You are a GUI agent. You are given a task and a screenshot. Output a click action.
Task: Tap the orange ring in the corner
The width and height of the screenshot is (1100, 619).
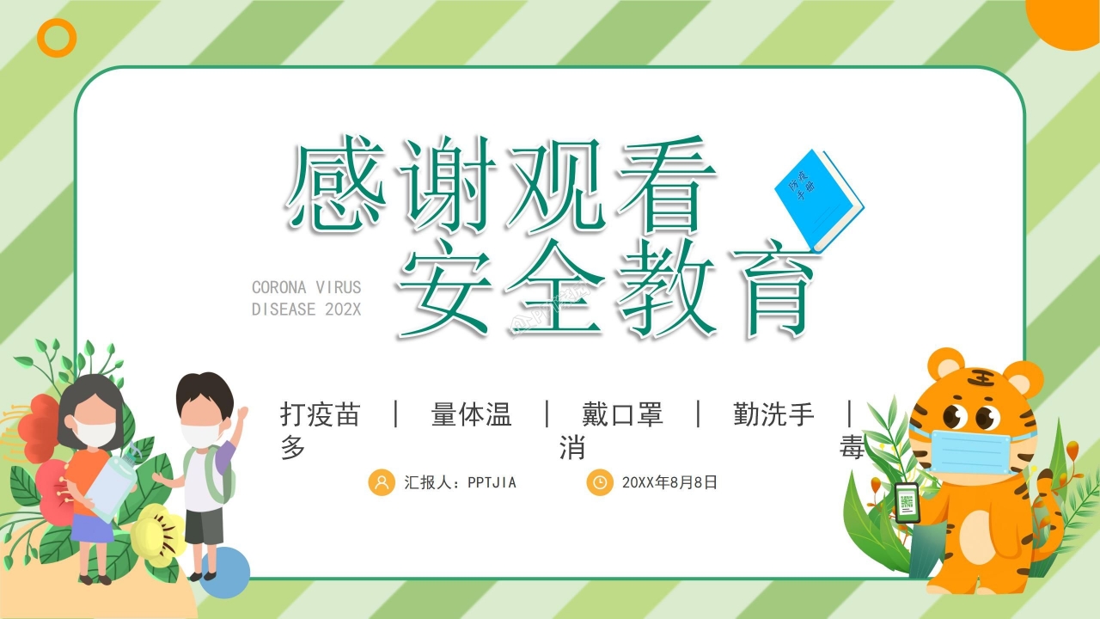[x=58, y=39]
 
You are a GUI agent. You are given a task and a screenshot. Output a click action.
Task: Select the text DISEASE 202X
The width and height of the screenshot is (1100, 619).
[x=307, y=309]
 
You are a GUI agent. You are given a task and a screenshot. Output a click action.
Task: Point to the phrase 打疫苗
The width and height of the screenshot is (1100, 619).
[x=320, y=414]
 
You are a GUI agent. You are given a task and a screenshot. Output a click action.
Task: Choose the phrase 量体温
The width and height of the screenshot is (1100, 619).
[x=471, y=414]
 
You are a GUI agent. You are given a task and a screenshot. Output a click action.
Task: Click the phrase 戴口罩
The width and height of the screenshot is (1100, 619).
[x=622, y=414]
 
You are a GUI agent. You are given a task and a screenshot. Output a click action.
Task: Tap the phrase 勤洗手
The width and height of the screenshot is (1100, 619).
[x=773, y=414]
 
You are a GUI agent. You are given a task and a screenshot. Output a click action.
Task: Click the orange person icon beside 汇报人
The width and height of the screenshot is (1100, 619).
[x=381, y=482]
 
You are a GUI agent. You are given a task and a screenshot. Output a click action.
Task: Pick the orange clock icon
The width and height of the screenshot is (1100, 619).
[x=600, y=482]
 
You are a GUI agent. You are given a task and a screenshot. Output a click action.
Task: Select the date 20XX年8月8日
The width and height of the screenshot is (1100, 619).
[x=669, y=482]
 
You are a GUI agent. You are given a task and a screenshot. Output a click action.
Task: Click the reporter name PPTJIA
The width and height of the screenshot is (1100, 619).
[x=492, y=482]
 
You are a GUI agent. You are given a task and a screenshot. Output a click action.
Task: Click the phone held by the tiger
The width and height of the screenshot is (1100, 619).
[x=907, y=502]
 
